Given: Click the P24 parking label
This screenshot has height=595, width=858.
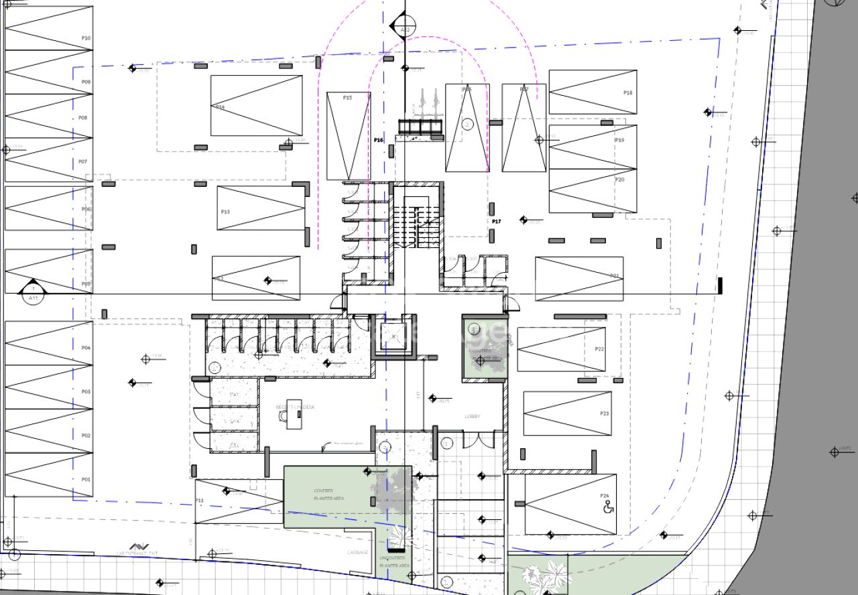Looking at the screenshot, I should coord(605,497).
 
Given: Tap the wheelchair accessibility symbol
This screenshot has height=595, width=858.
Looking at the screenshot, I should coord(609,507).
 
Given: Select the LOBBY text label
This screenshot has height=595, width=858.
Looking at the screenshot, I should coord(473,417).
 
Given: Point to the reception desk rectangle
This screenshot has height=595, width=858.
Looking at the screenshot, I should coord(293,419).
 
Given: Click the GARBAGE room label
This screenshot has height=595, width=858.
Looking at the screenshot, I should coord(357,552).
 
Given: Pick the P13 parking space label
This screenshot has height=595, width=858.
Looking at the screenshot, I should coord(225,212).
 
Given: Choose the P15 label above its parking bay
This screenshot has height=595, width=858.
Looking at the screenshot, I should coord(347,98).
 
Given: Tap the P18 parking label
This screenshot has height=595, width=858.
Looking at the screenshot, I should coord(628,92).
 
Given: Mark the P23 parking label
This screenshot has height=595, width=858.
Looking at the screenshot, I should coord(605,413).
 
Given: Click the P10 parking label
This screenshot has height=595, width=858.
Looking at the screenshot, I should coord(86,38).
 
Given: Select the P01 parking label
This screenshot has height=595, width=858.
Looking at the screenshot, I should coord(86,479).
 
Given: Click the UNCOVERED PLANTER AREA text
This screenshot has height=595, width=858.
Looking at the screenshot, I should coord(394,561).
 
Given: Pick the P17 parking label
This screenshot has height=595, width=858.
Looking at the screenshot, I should coord(497,221).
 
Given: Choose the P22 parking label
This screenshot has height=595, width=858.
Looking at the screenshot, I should coord(599,349).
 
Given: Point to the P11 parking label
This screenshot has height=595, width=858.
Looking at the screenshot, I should coord(199,501).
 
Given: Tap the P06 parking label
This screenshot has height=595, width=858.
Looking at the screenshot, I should coord(86,209).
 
